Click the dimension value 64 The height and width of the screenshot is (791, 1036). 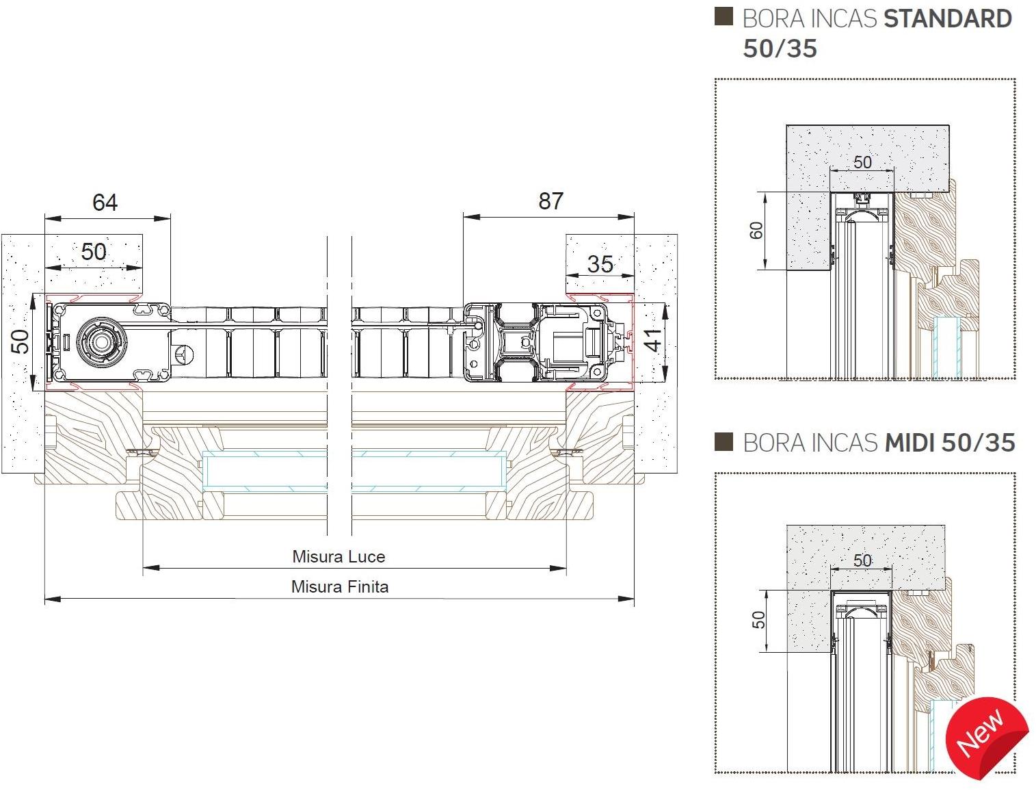105,203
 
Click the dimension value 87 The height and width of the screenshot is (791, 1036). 551,201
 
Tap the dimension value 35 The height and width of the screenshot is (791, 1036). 600,264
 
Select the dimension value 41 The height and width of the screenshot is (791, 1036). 653,340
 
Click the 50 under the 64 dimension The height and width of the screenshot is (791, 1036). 94,252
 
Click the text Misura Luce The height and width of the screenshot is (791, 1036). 338,556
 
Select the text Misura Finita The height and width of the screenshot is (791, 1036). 340,586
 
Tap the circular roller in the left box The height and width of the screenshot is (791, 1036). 101,341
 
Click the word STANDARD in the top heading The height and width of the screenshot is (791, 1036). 947,19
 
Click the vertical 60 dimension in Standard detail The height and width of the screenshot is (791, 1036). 756,231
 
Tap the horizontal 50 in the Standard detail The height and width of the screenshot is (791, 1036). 862,162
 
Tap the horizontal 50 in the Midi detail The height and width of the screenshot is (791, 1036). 862,560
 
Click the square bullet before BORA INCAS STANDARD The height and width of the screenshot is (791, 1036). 723,16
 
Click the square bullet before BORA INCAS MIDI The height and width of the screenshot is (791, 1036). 723,441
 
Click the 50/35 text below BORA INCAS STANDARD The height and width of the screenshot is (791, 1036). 780,49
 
